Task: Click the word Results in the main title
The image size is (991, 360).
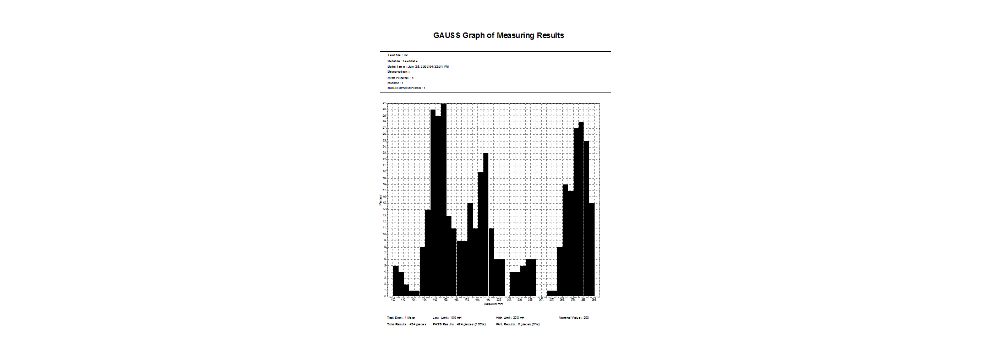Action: (x=551, y=35)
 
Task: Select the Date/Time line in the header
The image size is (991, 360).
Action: (x=418, y=67)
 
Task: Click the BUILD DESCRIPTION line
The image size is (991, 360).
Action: (x=406, y=88)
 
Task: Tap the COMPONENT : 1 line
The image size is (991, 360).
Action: (x=400, y=78)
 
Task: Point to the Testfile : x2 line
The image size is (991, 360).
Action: (x=398, y=55)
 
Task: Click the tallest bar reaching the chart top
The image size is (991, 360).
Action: (x=444, y=198)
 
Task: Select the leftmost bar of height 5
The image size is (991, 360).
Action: (x=395, y=281)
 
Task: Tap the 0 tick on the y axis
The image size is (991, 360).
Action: (x=385, y=296)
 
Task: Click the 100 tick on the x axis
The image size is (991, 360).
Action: (x=393, y=300)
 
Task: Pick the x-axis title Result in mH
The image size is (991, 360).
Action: (x=493, y=304)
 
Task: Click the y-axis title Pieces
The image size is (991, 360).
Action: (x=380, y=200)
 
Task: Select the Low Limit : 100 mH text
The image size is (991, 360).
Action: (x=447, y=318)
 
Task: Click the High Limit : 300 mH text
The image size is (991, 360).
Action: (x=510, y=318)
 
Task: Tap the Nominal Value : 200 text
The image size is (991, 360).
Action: (x=574, y=318)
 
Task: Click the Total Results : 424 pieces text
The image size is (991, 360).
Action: (x=406, y=324)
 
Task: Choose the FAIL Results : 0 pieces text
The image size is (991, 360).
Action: (x=518, y=324)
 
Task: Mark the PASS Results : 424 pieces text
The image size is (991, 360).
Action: (x=459, y=324)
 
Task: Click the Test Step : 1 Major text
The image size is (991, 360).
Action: (x=401, y=318)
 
